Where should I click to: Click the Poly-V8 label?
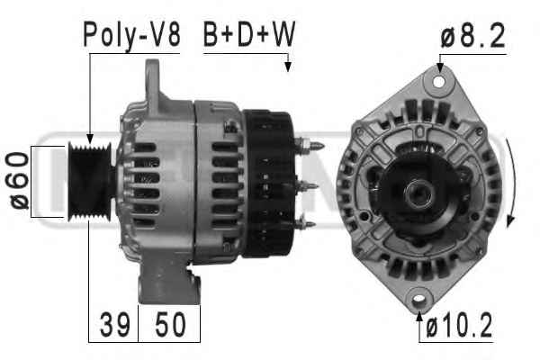[131, 35]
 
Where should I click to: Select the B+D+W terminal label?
[249, 34]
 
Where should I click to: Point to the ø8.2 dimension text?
[472, 35]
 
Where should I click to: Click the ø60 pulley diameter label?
[19, 181]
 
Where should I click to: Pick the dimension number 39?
[115, 325]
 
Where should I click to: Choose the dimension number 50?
[170, 325]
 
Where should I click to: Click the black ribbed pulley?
[90, 182]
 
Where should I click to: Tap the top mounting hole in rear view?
[439, 82]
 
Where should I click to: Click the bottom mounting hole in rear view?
[418, 298]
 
